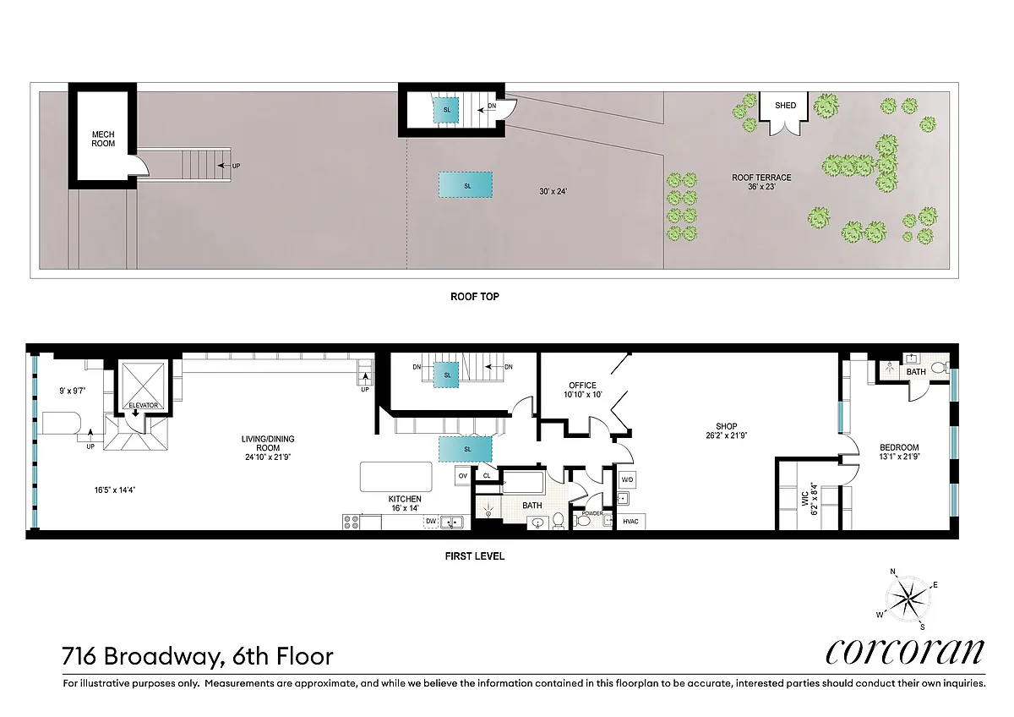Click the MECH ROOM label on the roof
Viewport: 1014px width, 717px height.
(103, 139)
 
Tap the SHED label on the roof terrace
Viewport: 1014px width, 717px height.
(785, 106)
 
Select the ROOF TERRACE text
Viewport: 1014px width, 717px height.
(761, 178)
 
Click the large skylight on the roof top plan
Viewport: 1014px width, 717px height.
(466, 184)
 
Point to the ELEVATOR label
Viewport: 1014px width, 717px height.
(144, 405)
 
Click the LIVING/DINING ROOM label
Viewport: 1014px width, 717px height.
(268, 443)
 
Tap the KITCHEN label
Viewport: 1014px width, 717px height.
(405, 499)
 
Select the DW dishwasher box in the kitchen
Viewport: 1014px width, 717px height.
(430, 522)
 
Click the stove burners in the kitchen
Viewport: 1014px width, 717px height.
(351, 522)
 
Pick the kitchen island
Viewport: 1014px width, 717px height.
(396, 477)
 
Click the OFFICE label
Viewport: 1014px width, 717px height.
(582, 386)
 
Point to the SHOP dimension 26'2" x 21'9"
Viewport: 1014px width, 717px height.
(726, 435)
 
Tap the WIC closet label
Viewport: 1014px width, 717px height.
(805, 499)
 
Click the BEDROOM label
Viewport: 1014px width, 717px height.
(899, 447)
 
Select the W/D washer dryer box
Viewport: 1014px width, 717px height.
(627, 479)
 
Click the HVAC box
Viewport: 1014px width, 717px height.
(631, 522)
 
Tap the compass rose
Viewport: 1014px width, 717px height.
(908, 599)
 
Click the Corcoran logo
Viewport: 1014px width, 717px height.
(905, 652)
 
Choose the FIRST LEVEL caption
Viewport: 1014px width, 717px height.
(474, 556)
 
